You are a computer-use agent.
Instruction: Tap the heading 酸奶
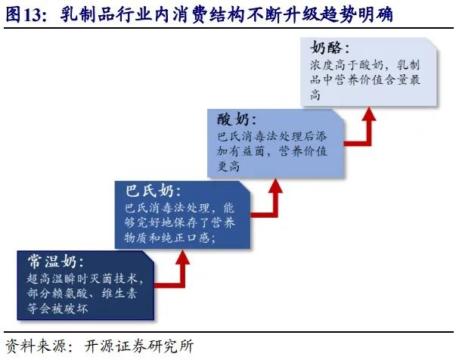pos(237,120)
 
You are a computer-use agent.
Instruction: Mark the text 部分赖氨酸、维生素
pos(83,295)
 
